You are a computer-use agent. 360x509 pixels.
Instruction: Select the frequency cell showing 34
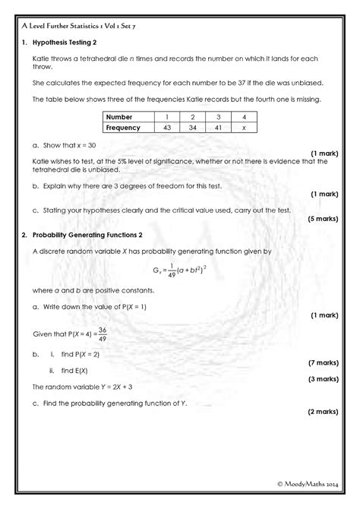(193, 128)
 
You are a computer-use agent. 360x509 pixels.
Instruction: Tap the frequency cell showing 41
(219, 128)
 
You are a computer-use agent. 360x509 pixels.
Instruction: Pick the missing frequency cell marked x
(245, 128)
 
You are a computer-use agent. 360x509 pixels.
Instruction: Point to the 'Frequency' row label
(124, 128)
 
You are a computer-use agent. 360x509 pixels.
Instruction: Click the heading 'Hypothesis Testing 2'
(70, 43)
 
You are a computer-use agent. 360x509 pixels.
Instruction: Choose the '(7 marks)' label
(322, 363)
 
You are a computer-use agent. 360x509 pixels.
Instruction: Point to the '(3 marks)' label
(322, 378)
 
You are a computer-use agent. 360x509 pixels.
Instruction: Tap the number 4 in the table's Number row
(245, 117)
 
